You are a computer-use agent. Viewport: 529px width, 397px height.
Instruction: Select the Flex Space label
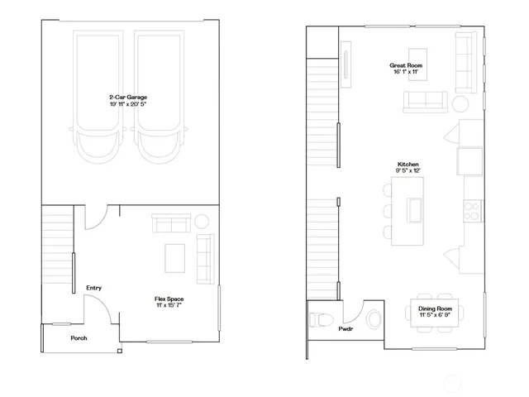[x=169, y=298]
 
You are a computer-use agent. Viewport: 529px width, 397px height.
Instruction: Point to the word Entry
[x=93, y=288]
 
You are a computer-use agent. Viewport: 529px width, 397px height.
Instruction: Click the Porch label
[x=79, y=338]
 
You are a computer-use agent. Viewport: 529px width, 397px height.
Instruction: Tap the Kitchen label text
[x=408, y=165]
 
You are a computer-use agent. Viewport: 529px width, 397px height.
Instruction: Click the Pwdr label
[x=346, y=329]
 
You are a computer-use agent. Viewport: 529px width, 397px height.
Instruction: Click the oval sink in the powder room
[x=375, y=317]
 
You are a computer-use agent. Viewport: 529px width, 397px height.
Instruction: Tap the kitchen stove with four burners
[x=473, y=210]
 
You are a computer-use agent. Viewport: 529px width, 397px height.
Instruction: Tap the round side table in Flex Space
[x=202, y=222]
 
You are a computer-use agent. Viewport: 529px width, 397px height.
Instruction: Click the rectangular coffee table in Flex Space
[x=175, y=257]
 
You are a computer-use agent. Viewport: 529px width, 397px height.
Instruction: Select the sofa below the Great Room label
[x=425, y=101]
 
